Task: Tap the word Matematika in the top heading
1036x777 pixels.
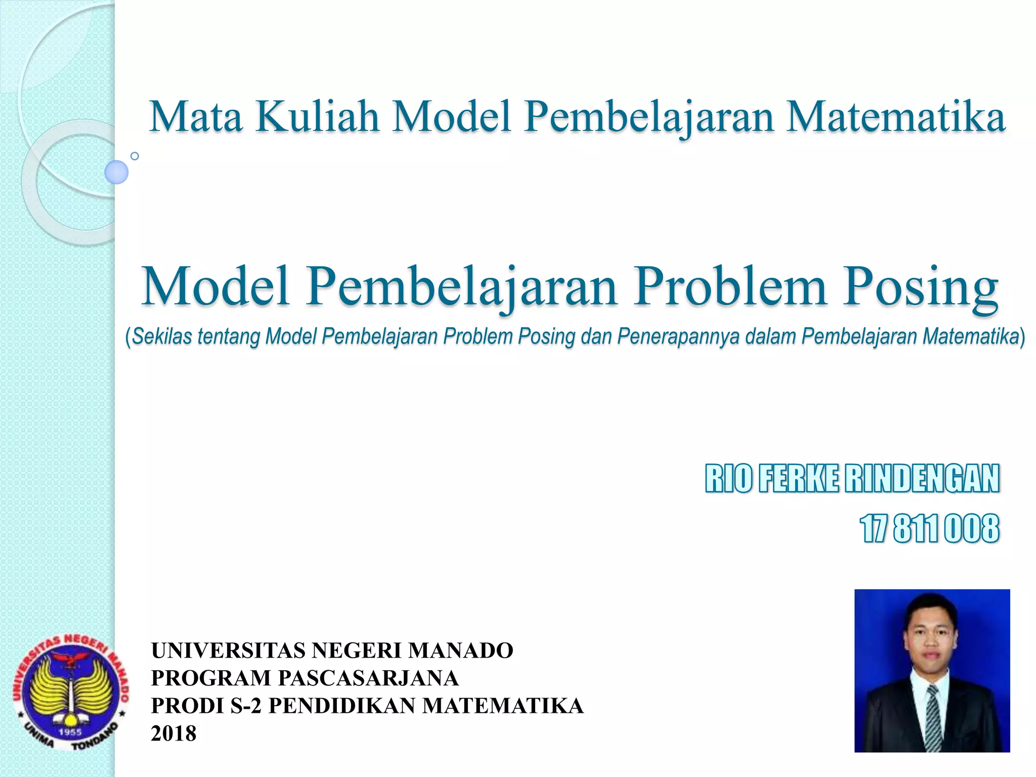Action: [x=895, y=117]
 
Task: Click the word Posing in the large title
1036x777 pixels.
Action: [x=920, y=287]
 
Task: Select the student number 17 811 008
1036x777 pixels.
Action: [x=930, y=529]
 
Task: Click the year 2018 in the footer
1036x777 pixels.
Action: [x=174, y=733]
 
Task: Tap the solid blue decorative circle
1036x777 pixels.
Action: [x=116, y=172]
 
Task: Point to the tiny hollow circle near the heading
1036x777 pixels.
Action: [x=135, y=156]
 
